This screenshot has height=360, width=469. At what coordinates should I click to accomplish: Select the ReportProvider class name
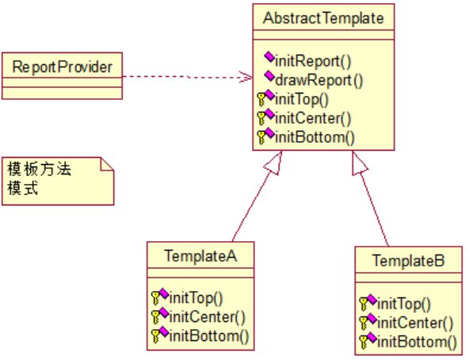(63, 65)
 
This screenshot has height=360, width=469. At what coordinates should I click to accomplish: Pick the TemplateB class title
(409, 260)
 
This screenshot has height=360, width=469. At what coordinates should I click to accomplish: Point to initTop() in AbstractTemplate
(301, 99)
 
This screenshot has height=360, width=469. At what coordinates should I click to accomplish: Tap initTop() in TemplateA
(196, 299)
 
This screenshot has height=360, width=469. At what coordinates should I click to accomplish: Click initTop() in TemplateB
(404, 303)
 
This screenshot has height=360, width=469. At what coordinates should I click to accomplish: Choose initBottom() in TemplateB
(417, 342)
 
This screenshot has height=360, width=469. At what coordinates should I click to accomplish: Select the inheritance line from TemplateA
(254, 202)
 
